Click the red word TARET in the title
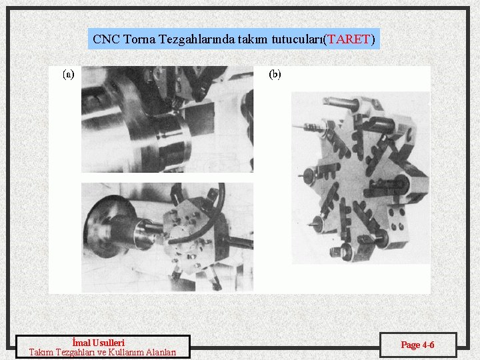coord(349,39)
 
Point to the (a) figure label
coord(69,75)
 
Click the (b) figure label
coord(275,75)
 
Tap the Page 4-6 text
coord(417,345)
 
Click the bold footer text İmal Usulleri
coord(98,342)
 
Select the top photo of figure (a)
coord(167,119)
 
